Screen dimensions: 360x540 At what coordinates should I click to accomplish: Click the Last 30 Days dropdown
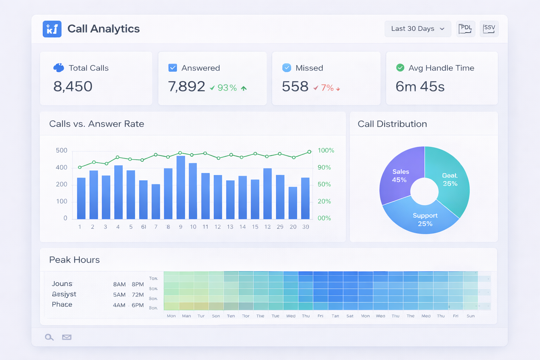pyautogui.click(x=418, y=29)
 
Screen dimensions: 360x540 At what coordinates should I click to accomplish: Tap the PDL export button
pyautogui.click(x=465, y=29)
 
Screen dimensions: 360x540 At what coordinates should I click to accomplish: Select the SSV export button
pyautogui.click(x=489, y=29)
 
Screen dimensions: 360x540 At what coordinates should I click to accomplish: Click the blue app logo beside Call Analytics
pyautogui.click(x=52, y=29)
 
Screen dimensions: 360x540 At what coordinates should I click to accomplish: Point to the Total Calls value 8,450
pyautogui.click(x=73, y=86)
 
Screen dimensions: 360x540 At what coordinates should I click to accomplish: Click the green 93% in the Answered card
pyautogui.click(x=227, y=88)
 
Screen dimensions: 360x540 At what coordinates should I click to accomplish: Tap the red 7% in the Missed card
pyautogui.click(x=327, y=88)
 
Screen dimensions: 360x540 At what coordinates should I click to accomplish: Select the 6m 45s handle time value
pyautogui.click(x=420, y=86)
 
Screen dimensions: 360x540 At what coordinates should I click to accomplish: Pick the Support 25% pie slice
pyautogui.click(x=425, y=219)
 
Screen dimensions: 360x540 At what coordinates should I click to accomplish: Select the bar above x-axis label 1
pyautogui.click(x=81, y=198)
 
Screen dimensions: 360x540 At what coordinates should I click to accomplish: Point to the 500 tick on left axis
pyautogui.click(x=62, y=150)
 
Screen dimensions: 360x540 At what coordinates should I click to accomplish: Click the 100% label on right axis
pyautogui.click(x=326, y=150)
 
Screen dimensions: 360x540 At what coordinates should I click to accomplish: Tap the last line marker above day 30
pyautogui.click(x=309, y=152)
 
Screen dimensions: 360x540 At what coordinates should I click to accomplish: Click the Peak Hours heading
pyautogui.click(x=75, y=260)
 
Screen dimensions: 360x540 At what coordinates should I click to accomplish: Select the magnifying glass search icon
pyautogui.click(x=49, y=337)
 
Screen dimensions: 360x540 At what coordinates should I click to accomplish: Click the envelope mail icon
pyautogui.click(x=67, y=337)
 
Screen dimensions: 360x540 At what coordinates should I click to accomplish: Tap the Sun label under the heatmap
pyautogui.click(x=470, y=316)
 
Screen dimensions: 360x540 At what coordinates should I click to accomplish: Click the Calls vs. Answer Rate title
pyautogui.click(x=97, y=124)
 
